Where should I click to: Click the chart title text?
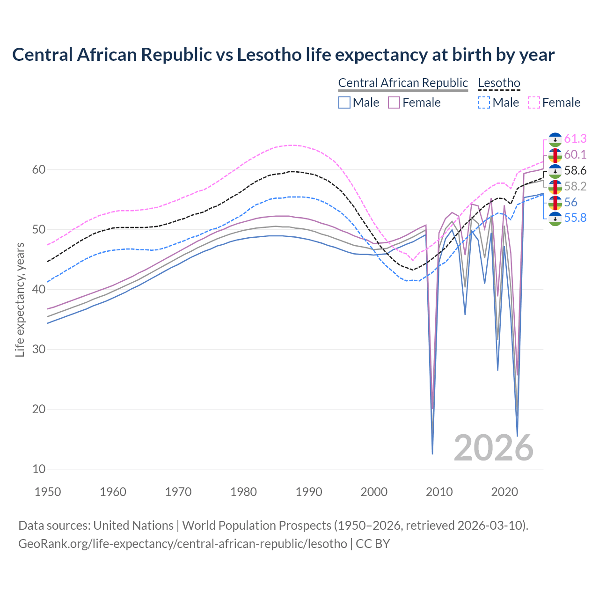[283, 55]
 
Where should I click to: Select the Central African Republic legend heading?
[403, 83]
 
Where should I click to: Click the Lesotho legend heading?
[499, 83]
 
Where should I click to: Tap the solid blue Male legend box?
[344, 102]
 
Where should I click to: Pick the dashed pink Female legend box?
[534, 102]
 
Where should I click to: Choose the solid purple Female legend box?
[394, 102]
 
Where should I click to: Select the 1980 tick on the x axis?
[243, 492]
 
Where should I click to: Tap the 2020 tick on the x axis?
[504, 492]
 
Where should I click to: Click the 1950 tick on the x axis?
[48, 492]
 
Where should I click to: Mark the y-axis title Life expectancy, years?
[20, 299]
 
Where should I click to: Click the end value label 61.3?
[575, 139]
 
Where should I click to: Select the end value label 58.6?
[575, 171]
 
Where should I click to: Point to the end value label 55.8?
[575, 218]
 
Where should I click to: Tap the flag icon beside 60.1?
[555, 155]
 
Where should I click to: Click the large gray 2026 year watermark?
[493, 448]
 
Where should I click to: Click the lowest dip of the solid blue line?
[432, 453]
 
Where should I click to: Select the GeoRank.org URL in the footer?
[183, 544]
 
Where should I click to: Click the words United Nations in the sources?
[133, 526]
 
